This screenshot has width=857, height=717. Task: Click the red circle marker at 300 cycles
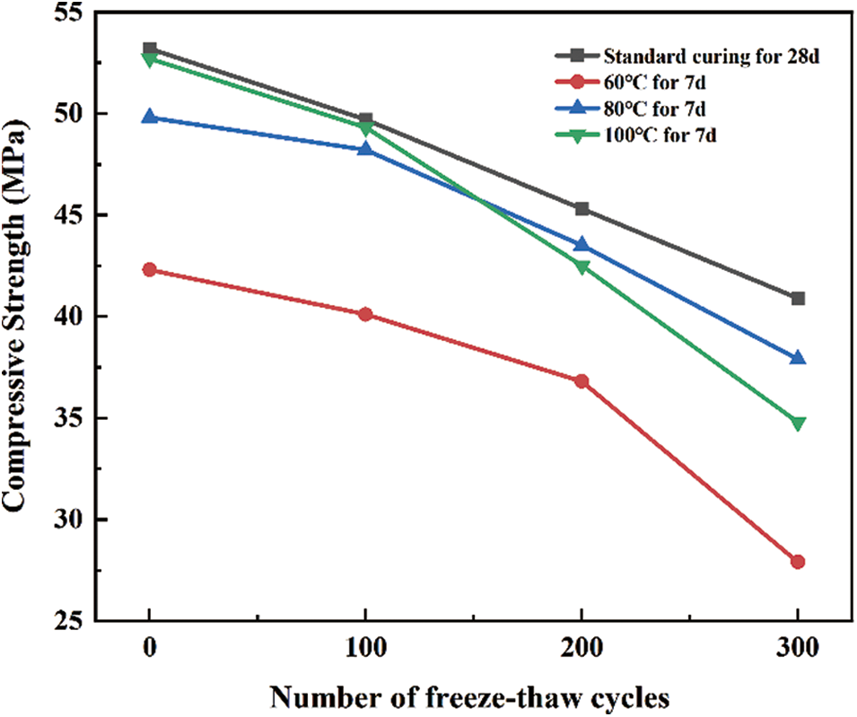coord(798,562)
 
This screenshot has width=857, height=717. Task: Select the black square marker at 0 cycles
coord(150,48)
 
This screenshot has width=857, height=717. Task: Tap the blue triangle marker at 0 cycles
coord(150,117)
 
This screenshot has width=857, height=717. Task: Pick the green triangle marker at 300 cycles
coord(798,423)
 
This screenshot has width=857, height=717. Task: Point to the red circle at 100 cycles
coord(365,314)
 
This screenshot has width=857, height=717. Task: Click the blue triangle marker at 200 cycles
coord(582,244)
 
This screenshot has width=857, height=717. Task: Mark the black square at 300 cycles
coord(798,298)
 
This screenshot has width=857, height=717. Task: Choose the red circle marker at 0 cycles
coord(150,269)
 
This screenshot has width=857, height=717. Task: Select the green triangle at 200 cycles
coord(582,267)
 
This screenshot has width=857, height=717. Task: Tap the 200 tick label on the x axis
coord(582,651)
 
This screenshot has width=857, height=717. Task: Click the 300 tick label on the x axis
coord(798,651)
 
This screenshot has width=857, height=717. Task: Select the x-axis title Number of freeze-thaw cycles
coord(473,696)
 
